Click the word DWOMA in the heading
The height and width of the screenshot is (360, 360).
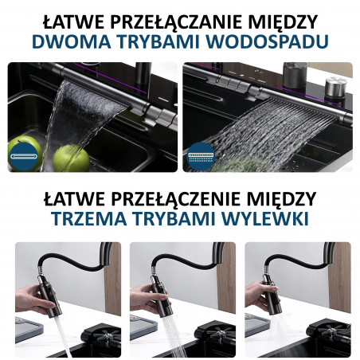(71, 41)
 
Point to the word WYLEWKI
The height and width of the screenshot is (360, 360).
(265, 218)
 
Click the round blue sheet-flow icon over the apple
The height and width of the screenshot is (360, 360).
(23, 156)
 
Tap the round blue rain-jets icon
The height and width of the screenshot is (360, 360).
(201, 156)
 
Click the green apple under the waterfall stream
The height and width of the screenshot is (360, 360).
(71, 158)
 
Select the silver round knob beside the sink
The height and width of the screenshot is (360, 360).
(336, 87)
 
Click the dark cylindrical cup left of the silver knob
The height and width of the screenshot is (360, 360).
(294, 75)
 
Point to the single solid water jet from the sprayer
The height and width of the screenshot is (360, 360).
(63, 335)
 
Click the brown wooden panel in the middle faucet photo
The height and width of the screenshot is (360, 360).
(226, 278)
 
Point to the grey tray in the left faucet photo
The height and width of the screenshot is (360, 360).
(29, 329)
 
